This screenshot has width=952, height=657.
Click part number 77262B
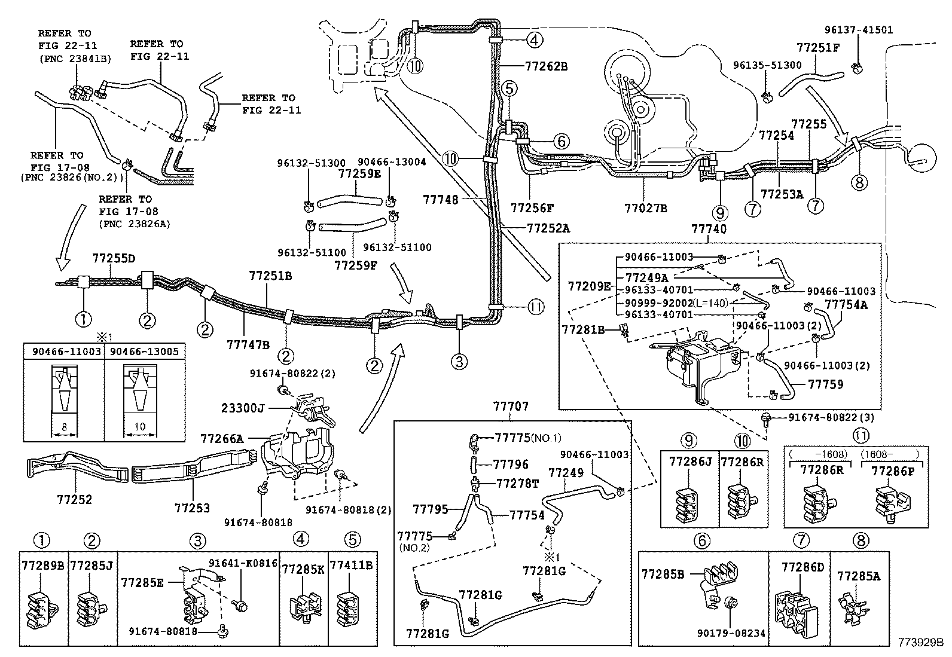547,66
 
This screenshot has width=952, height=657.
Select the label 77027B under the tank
645,208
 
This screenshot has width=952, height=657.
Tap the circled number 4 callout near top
535,40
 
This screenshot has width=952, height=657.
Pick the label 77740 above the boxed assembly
709,229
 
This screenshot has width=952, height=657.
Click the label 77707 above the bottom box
511,407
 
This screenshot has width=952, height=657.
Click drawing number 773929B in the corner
919,644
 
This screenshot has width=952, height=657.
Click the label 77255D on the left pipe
114,258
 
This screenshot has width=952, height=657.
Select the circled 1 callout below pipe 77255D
83,319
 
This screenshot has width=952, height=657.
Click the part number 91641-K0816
243,563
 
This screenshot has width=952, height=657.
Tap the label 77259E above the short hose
359,173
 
